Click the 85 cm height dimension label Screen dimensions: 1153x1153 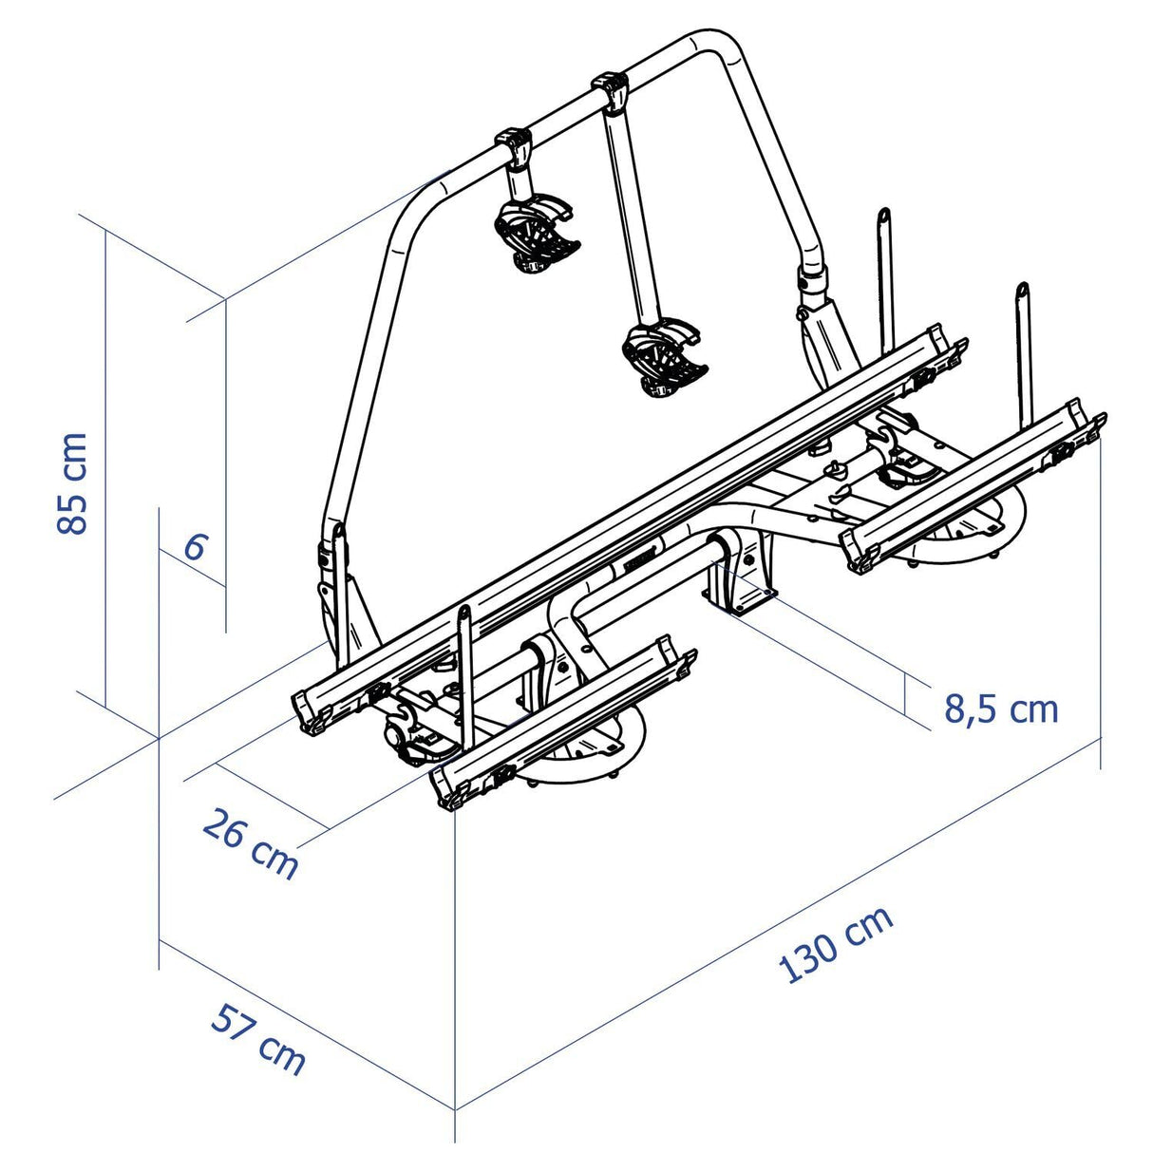coord(72,483)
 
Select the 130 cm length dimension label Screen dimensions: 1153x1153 coord(836,944)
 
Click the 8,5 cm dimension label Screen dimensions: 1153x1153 coord(1000,709)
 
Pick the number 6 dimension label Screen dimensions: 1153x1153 coord(195,548)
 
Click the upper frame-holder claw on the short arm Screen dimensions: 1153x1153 coord(536,234)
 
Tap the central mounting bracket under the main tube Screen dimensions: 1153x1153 coord(741,575)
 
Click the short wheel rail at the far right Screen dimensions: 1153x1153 coord(973,484)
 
